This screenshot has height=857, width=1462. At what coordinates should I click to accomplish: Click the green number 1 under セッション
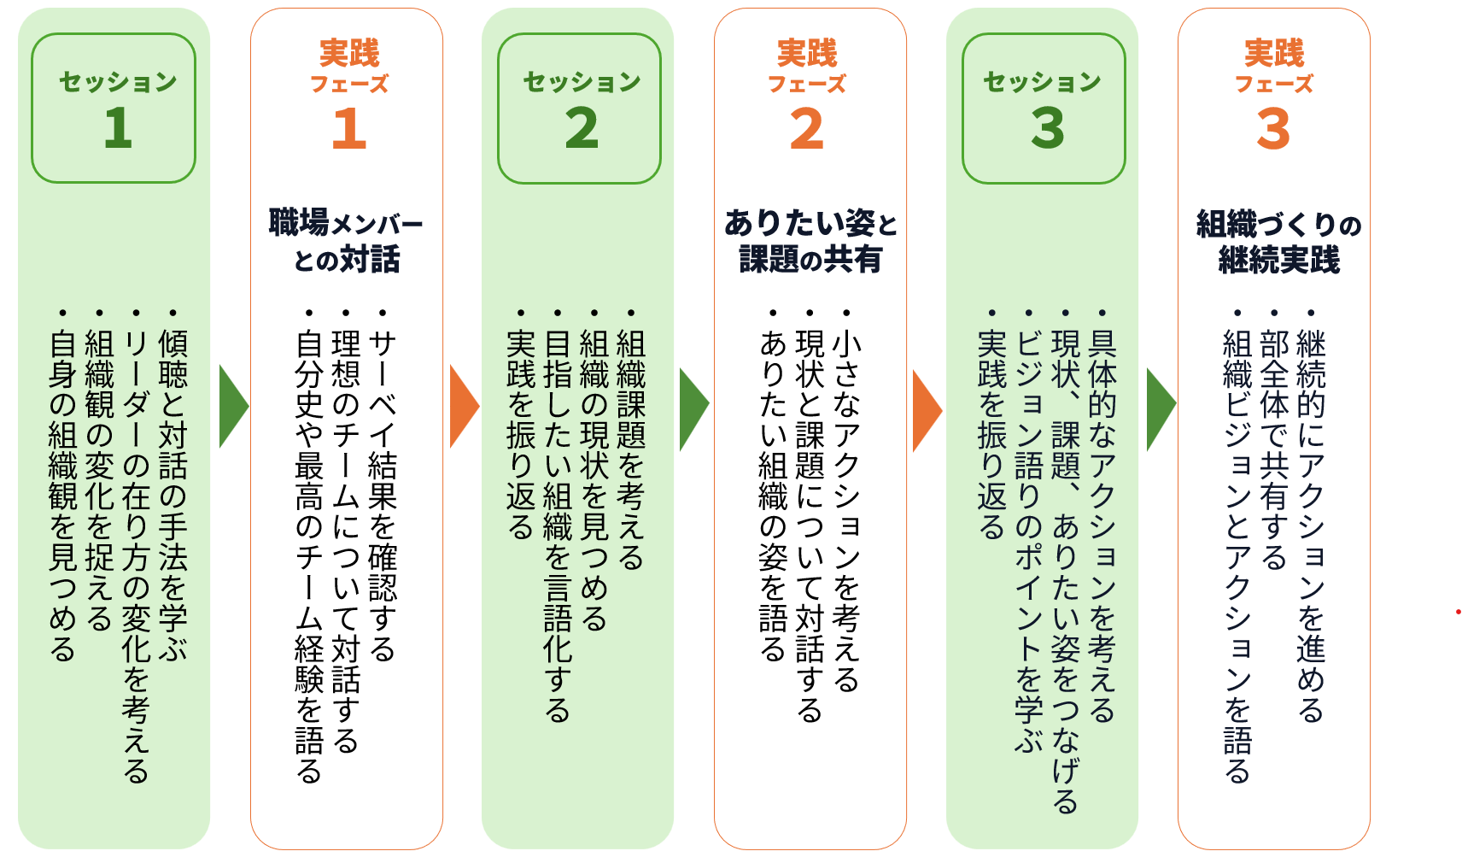click(x=118, y=127)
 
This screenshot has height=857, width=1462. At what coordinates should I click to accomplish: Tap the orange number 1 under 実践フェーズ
click(x=348, y=127)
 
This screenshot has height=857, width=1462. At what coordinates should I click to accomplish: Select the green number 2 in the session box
click(x=582, y=127)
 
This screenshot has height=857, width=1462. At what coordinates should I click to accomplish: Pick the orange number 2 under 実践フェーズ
click(x=807, y=127)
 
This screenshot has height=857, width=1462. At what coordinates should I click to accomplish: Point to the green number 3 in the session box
click(x=1048, y=127)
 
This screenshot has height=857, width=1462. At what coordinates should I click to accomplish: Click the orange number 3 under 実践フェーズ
click(x=1273, y=127)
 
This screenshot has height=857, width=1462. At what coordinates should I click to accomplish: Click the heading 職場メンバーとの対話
click(x=346, y=240)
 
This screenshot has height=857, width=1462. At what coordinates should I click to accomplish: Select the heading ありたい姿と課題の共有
click(x=810, y=240)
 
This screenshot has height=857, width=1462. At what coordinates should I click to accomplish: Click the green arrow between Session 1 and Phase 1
click(x=233, y=407)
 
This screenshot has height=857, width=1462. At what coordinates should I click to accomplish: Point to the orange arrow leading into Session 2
click(x=464, y=407)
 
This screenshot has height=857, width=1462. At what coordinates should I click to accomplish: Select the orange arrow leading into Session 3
click(x=927, y=410)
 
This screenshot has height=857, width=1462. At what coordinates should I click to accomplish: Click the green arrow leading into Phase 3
click(x=1161, y=409)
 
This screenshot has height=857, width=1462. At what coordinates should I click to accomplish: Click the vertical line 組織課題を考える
click(x=630, y=450)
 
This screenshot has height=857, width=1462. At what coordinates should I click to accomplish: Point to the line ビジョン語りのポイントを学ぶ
click(x=1029, y=543)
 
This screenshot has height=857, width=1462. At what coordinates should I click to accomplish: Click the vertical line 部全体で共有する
click(x=1274, y=450)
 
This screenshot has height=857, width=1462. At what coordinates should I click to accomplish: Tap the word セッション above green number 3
click(x=1043, y=82)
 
